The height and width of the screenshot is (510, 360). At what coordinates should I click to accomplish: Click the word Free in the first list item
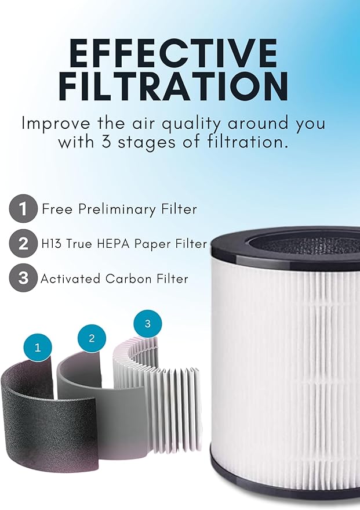(x=56, y=209)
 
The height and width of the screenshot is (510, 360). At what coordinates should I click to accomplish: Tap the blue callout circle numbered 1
(x=38, y=348)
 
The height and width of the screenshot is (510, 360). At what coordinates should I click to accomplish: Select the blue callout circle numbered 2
(x=91, y=337)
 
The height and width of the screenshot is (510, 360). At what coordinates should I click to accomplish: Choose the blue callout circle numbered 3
(x=147, y=324)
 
